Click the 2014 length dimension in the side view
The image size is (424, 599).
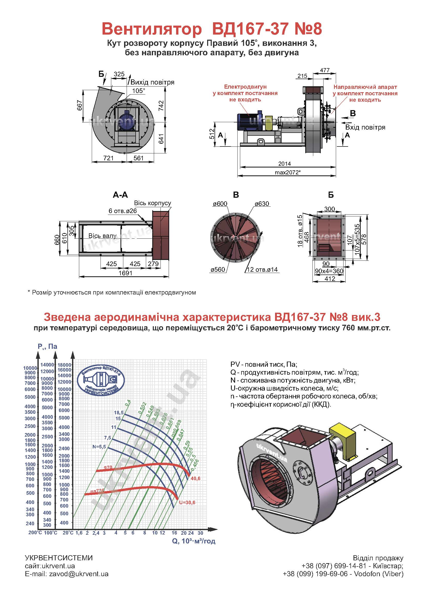point(284,164)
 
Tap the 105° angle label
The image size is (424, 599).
point(138,91)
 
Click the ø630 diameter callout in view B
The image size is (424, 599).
point(262,204)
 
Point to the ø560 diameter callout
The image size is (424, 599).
point(218,269)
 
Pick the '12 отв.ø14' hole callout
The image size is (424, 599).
point(262,269)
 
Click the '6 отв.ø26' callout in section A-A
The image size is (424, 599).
point(123,211)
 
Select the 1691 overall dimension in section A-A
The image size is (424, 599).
point(125,273)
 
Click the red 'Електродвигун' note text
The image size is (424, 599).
point(245,87)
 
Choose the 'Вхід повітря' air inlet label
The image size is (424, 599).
point(365,127)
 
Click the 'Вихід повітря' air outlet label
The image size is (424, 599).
point(153,82)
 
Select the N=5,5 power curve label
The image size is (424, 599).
point(99,446)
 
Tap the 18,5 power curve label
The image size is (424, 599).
point(118,413)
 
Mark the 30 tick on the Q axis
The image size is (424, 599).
point(200,533)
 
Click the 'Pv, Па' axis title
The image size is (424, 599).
point(47,346)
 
